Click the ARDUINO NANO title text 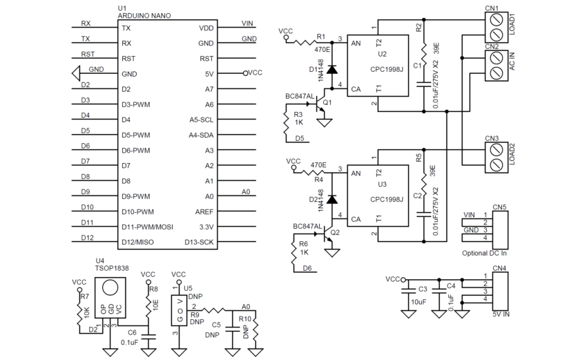tap(145, 15)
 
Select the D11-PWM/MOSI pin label tap(147, 226)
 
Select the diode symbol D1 tap(333, 69)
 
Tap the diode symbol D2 tap(333, 200)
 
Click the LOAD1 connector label tap(512, 25)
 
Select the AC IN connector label tap(512, 64)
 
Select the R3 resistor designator tap(298, 114)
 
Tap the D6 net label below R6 tap(307, 268)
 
